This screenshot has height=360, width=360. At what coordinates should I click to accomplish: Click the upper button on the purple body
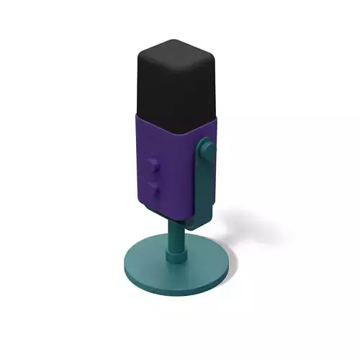pos(152,165)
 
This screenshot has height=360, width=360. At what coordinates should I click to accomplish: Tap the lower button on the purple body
pos(152,187)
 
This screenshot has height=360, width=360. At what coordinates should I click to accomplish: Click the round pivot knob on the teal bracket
pos(206,149)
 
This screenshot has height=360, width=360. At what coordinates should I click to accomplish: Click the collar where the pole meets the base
pos(175,253)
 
